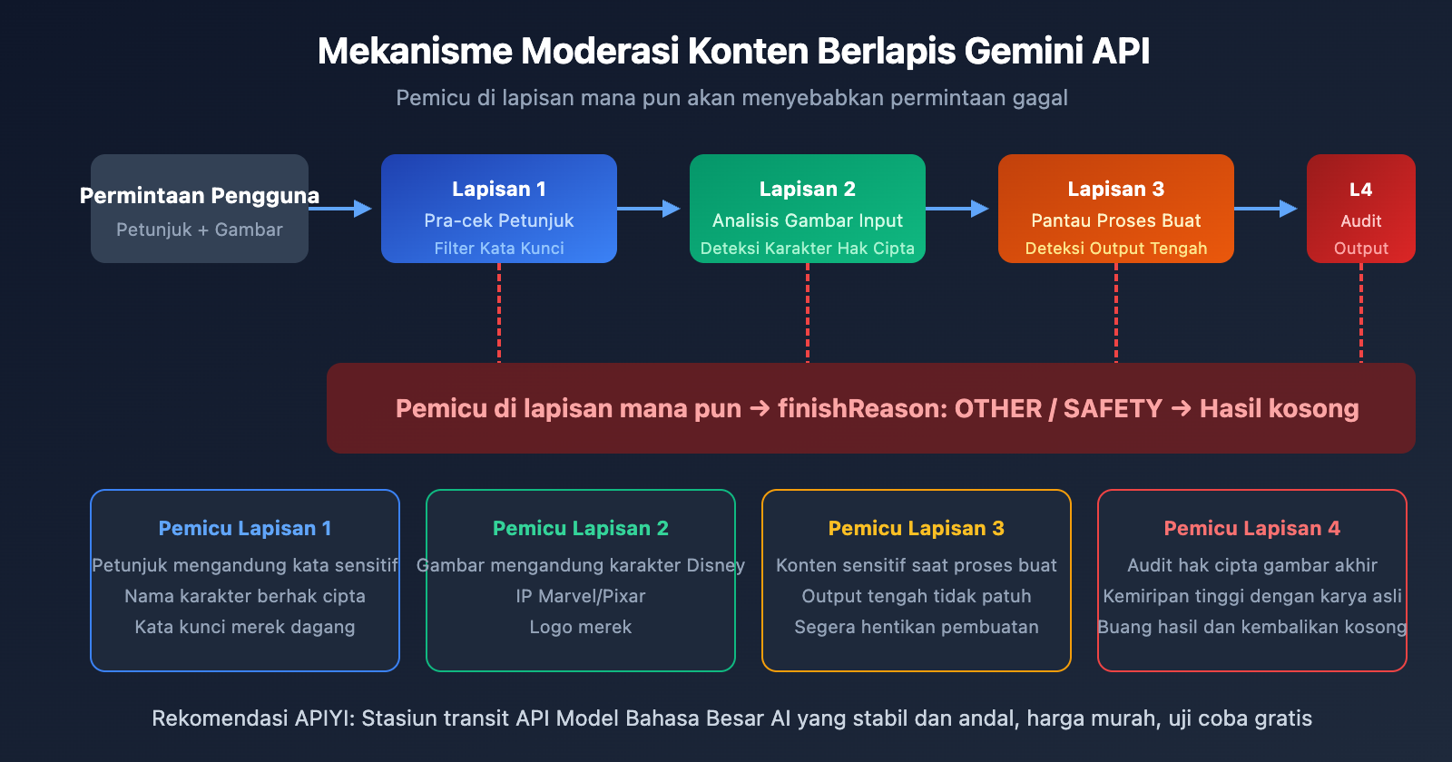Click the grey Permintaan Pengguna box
(200, 210)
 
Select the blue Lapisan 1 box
(499, 210)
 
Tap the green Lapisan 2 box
(808, 210)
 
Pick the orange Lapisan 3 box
(1116, 210)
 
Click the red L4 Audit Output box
(1360, 210)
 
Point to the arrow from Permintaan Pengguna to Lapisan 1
(340, 209)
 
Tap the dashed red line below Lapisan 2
(808, 313)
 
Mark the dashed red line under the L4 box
(1360, 313)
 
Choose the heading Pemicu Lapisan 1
(245, 528)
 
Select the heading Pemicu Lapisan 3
(917, 528)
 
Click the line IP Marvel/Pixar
(581, 596)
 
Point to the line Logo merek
(581, 627)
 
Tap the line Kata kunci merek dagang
(245, 627)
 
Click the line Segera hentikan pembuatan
(917, 627)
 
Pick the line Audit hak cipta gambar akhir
(1252, 565)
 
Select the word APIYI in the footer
(323, 718)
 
